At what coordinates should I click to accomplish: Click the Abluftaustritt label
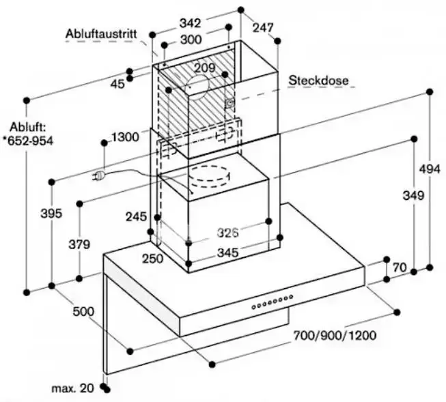click(102, 33)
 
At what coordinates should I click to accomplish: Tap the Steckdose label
click(318, 81)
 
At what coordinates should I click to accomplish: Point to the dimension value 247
click(262, 28)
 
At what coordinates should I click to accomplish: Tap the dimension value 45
click(117, 83)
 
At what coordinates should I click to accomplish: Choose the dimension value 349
click(413, 196)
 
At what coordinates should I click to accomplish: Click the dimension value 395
click(51, 214)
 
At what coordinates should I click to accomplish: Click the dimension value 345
click(227, 253)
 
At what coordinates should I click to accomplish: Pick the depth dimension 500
click(83, 312)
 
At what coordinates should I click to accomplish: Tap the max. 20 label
click(72, 388)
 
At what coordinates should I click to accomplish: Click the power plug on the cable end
click(100, 177)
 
